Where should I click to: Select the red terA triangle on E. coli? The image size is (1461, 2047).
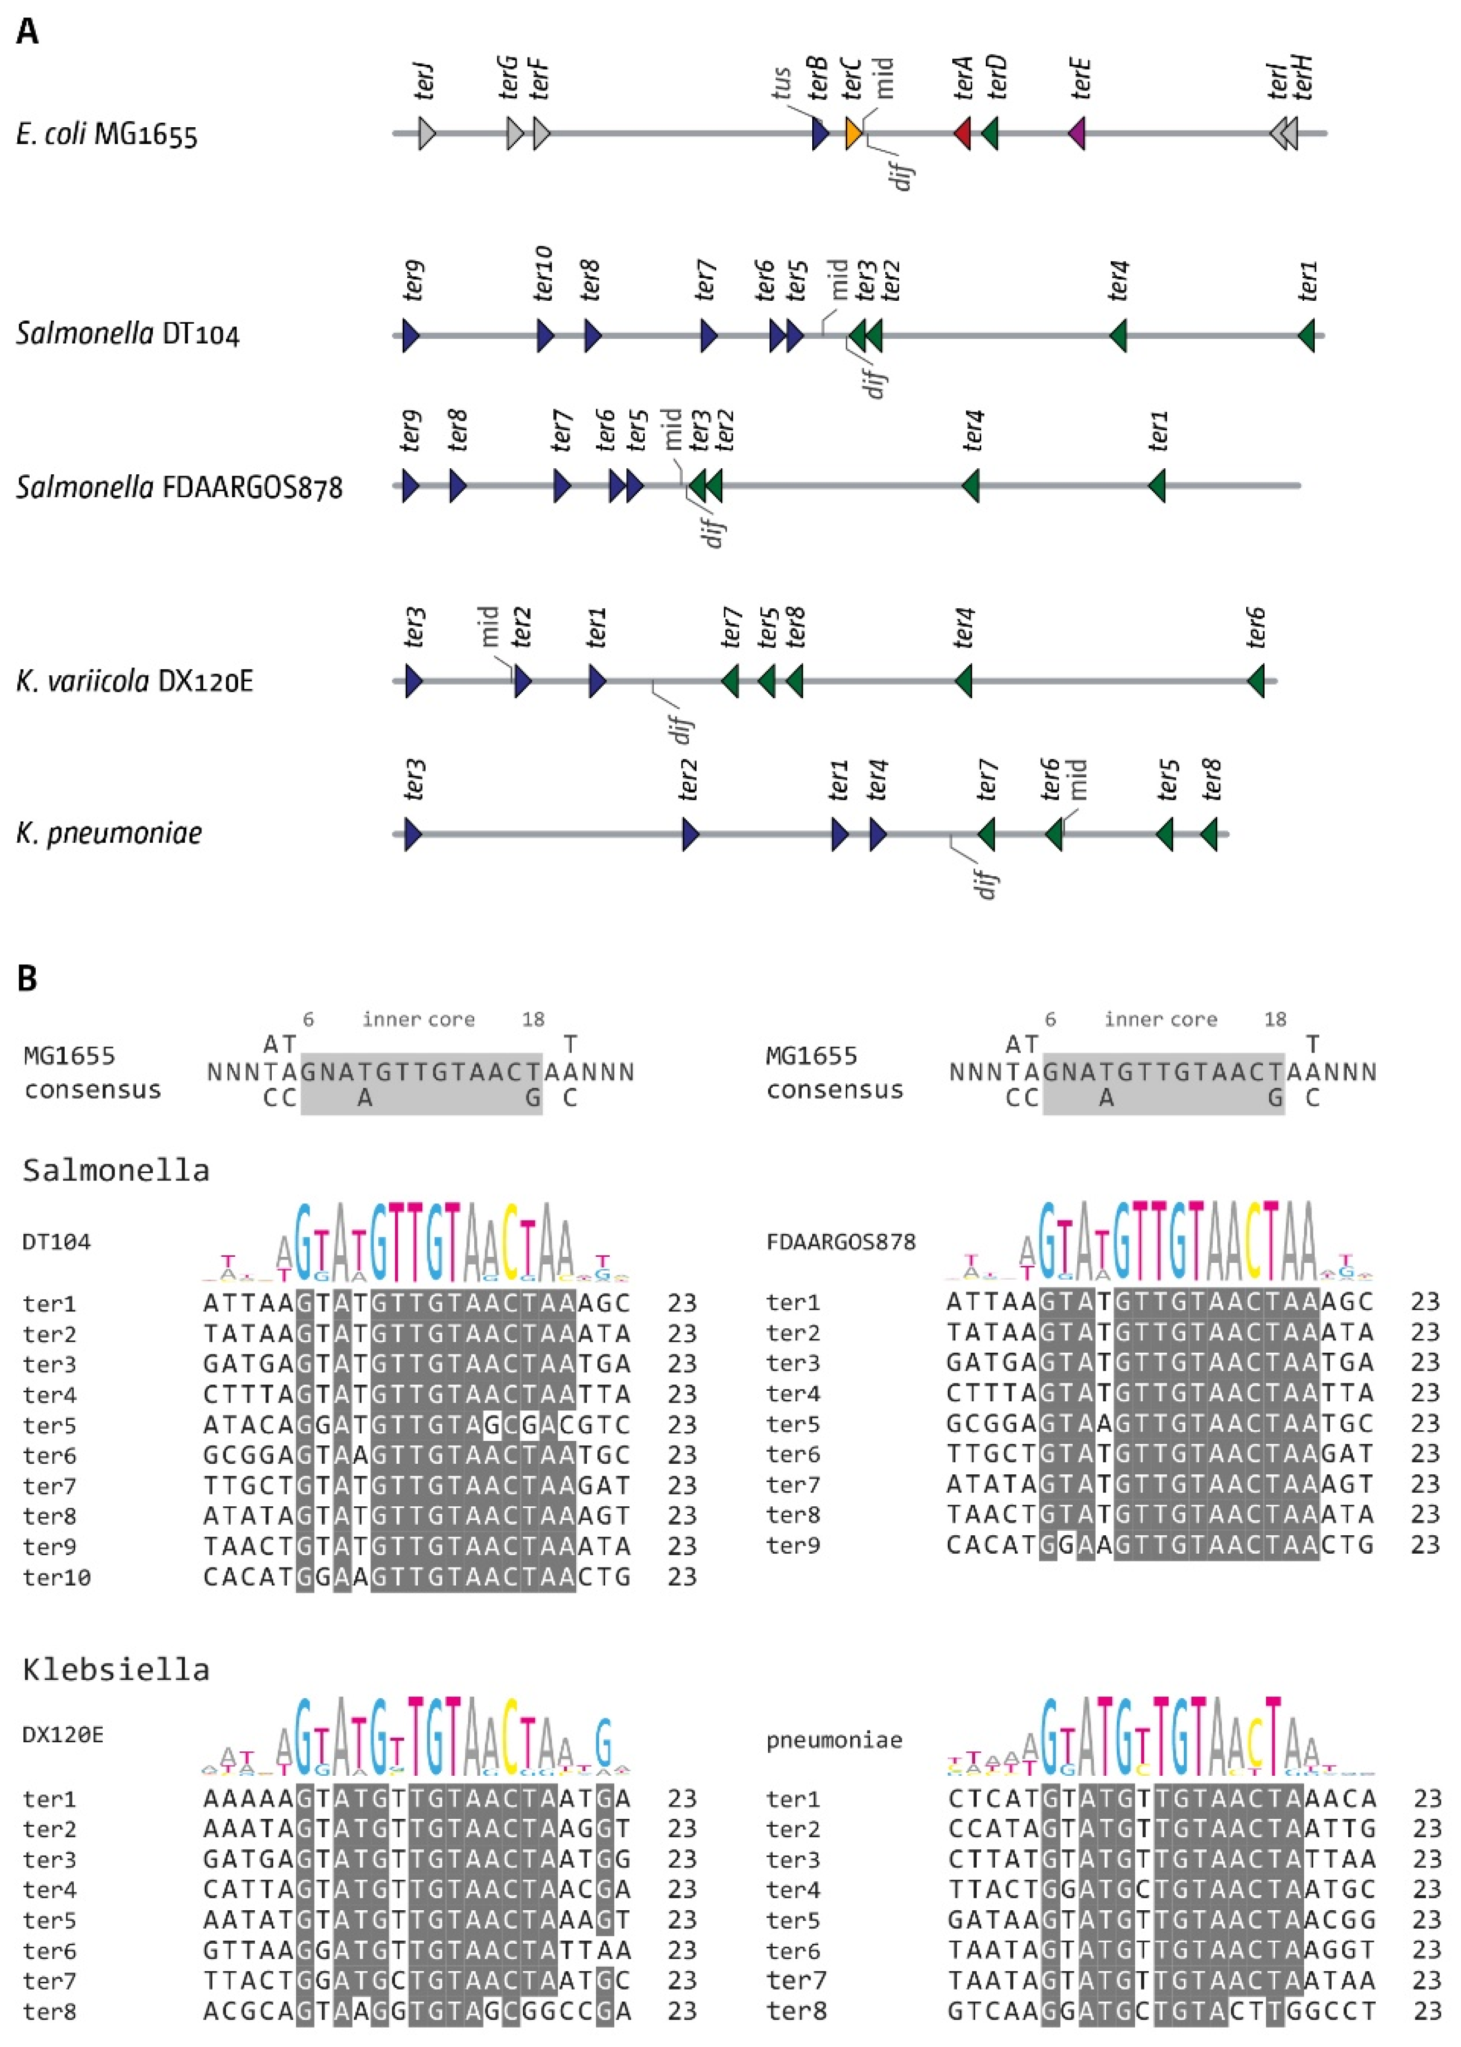(x=963, y=134)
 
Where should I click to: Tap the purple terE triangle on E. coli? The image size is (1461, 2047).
(x=1077, y=134)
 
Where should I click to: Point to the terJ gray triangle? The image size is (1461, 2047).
(x=426, y=134)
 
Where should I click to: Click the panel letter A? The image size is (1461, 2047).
(x=28, y=32)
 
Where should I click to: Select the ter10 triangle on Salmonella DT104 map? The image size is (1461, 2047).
(x=545, y=335)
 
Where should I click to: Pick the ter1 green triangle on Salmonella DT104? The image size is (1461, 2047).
(x=1307, y=335)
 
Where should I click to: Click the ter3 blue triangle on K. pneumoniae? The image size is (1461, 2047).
(x=413, y=834)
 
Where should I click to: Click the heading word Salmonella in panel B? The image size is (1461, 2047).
(x=116, y=1170)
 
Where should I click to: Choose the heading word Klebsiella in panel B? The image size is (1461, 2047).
(x=116, y=1669)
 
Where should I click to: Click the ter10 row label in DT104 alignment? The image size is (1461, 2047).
(x=57, y=1577)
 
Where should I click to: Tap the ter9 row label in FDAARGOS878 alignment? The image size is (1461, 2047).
(x=793, y=1545)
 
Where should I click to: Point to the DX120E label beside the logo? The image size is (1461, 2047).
(x=62, y=1734)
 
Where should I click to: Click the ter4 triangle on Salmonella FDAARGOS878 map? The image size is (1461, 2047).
(x=971, y=487)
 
